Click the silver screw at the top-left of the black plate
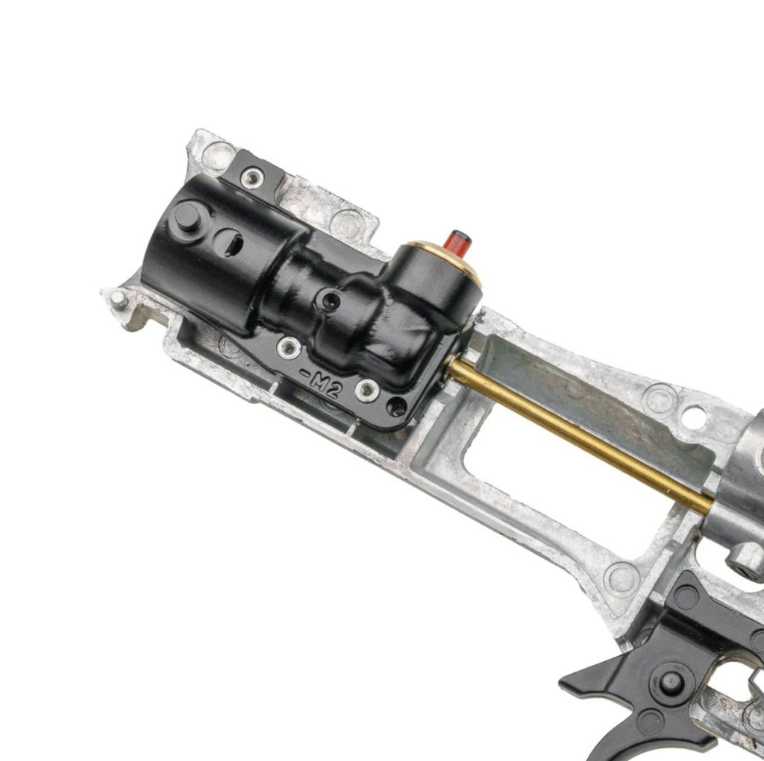click(252, 178)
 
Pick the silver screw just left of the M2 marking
click(289, 347)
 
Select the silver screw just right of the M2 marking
click(367, 391)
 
